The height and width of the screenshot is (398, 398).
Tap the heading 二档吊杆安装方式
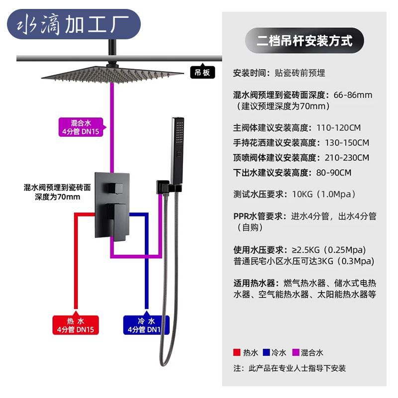point(304,40)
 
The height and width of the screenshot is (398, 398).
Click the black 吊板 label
point(202,73)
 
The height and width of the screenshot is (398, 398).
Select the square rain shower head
point(112,74)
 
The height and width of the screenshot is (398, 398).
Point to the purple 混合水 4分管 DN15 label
point(81,127)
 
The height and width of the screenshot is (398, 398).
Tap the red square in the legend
point(237,353)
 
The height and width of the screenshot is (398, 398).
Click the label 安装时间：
point(252,73)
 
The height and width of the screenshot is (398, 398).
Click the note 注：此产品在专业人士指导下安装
point(290,369)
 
